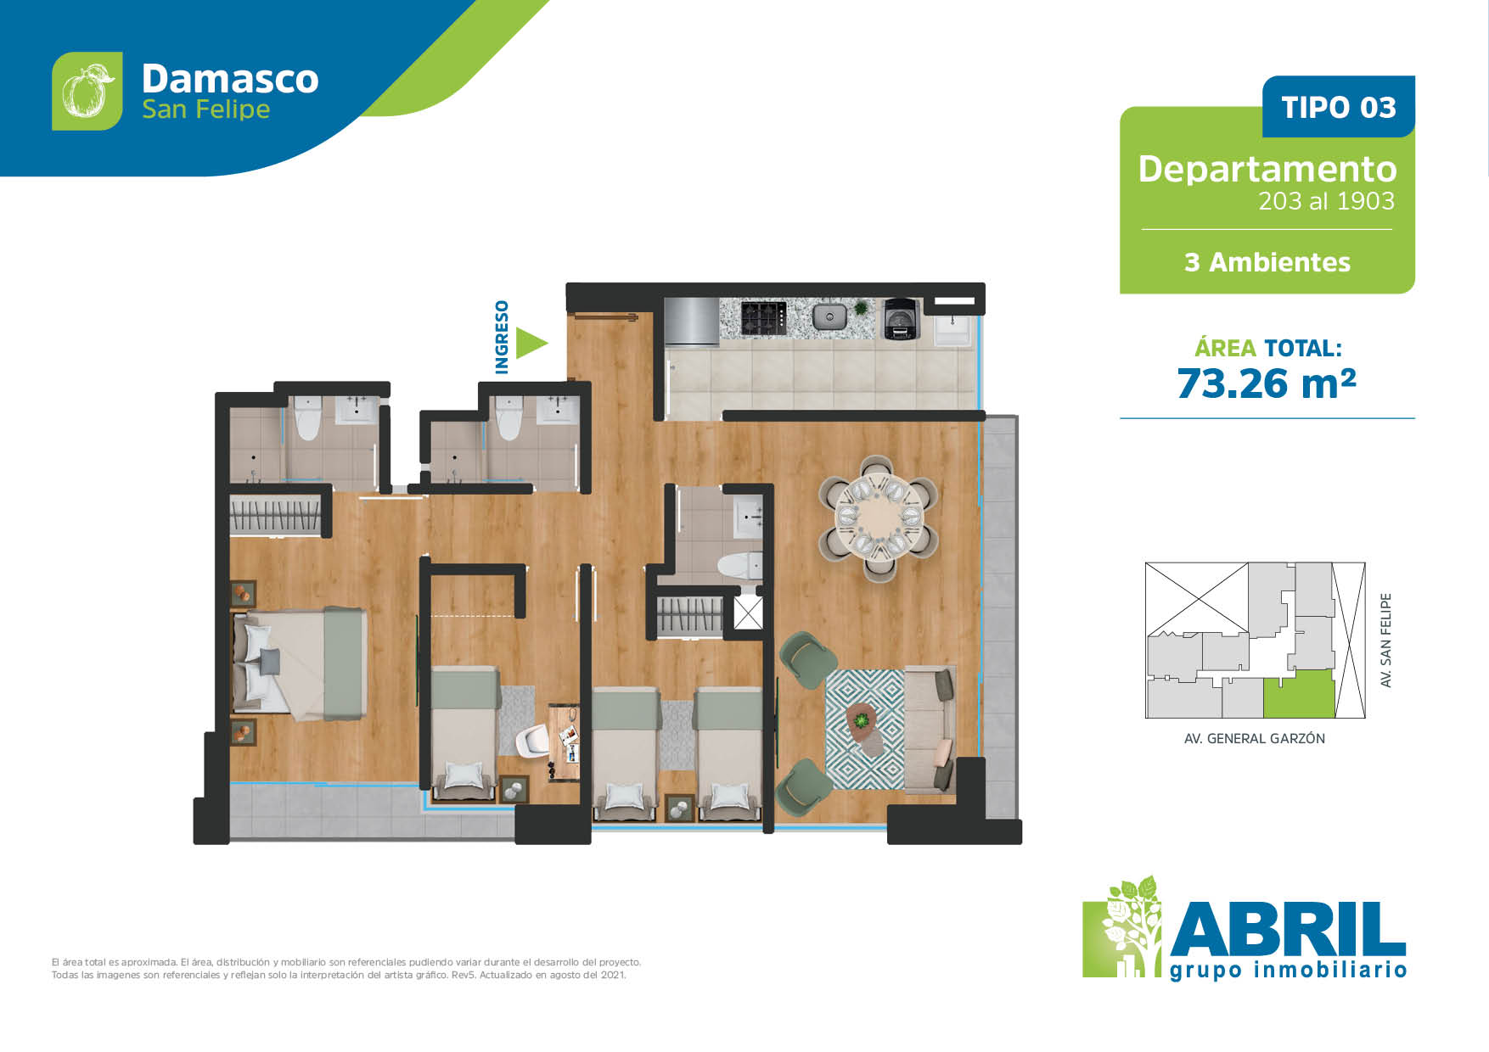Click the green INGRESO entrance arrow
pos(531,343)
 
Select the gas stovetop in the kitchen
pos(763,318)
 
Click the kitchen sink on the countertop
pos(829,317)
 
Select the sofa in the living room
pos(930,729)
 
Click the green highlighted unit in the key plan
pos(1299,694)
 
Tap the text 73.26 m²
pos(1267,383)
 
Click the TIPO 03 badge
pos(1339,107)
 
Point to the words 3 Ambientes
pos(1267,262)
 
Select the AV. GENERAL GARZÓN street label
pos(1254,738)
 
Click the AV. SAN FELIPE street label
pos(1386,640)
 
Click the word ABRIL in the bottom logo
pos(1288,928)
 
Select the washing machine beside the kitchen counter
pos(900,319)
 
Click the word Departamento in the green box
pos(1267,169)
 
